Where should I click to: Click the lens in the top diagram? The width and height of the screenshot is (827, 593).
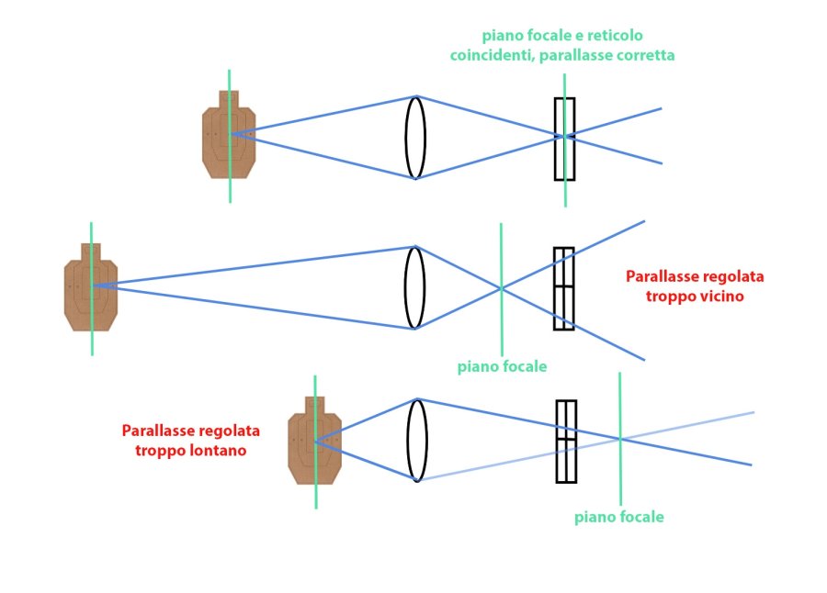click(x=415, y=138)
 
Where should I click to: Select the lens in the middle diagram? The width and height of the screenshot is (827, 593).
click(x=415, y=287)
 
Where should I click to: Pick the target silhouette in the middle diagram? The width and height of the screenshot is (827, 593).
click(x=90, y=286)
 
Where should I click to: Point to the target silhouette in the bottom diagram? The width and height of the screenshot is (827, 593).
click(x=314, y=441)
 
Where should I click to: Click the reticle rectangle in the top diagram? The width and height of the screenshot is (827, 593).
click(x=564, y=139)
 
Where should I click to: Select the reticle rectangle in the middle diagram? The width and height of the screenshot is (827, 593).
click(x=563, y=288)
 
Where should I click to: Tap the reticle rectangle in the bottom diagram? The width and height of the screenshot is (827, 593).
click(x=566, y=441)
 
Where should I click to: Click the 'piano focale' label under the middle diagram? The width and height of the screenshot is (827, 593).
click(x=502, y=366)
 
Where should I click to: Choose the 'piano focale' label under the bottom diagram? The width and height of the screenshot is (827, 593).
click(x=618, y=517)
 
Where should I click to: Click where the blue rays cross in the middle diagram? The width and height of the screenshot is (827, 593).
click(x=501, y=288)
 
